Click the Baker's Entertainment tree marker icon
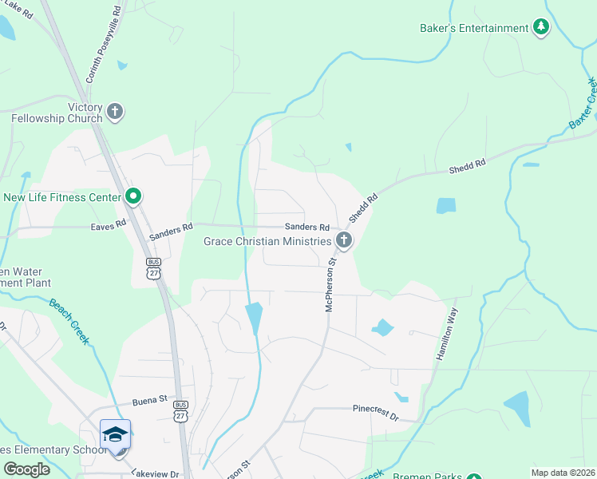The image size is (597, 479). pos(541,28)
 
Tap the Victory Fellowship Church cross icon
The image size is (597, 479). pos(116,111)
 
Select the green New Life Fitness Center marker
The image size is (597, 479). pos(133,196)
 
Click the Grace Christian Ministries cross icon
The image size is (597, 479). pos(344,239)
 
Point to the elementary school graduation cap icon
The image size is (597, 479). pos(115,434)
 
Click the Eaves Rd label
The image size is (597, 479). pos(109,225)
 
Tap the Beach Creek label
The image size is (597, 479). pos(69,322)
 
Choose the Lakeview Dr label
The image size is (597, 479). pos(156,473)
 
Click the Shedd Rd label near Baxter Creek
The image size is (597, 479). pos(467,166)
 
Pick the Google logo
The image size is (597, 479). pos(26,469)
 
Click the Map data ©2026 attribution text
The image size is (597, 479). pos(563,473)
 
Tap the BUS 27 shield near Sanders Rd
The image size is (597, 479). pos(153,267)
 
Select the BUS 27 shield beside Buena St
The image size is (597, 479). pos(181,410)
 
